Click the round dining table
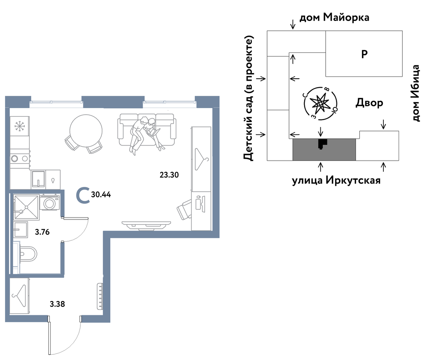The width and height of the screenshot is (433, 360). [86, 130]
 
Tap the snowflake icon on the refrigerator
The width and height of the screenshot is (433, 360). [20, 126]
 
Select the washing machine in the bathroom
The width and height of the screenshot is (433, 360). [50, 203]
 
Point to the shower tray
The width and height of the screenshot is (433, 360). [26, 207]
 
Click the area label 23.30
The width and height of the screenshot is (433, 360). [169, 175]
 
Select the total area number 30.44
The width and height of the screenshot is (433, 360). [101, 195]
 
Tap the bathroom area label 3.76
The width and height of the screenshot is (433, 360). [42, 232]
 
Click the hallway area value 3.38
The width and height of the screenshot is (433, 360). [57, 304]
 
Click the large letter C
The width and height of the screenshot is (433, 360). [83, 195]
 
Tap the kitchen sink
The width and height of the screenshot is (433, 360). [38, 179]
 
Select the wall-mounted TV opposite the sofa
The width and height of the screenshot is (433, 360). [146, 226]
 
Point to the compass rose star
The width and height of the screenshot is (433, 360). [320, 103]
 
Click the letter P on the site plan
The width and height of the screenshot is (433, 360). [364, 54]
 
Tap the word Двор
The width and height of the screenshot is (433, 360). [369, 103]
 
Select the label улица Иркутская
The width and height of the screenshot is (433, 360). [336, 181]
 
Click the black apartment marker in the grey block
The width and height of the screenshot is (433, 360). [322, 144]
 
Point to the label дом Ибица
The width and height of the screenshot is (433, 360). [415, 93]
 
